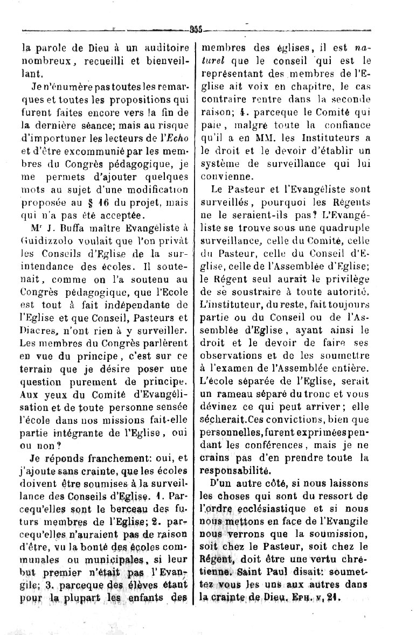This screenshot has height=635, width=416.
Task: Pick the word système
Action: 219,162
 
